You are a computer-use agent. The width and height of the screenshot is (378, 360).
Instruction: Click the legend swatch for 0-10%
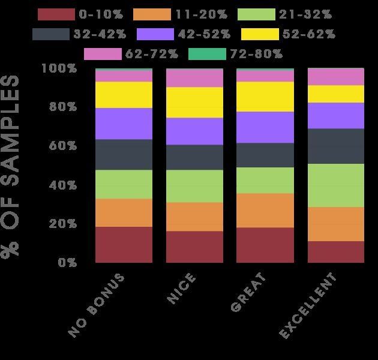(56, 14)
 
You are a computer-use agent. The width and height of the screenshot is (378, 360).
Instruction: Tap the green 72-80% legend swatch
(207, 54)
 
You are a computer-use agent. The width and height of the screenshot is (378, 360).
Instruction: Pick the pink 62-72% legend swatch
(103, 54)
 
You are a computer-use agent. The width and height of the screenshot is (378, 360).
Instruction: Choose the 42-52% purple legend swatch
(155, 34)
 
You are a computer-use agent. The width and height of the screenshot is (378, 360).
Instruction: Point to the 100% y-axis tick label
(59, 68)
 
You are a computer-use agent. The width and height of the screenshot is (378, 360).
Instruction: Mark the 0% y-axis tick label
(67, 262)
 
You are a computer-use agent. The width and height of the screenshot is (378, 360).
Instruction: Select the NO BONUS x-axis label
(97, 304)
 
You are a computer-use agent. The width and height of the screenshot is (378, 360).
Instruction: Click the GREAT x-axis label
(247, 292)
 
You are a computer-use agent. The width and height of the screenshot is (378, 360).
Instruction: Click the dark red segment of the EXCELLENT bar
(336, 251)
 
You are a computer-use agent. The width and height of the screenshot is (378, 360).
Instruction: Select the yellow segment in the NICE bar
(194, 102)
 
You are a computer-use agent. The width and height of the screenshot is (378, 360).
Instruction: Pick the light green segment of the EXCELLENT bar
(336, 185)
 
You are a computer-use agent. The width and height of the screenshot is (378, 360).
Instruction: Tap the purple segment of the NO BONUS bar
(124, 124)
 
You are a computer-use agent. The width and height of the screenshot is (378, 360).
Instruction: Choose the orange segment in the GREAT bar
(265, 210)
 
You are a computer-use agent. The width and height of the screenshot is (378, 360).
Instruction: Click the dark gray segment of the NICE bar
(194, 157)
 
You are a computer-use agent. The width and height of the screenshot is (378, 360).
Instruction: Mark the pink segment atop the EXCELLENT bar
(336, 77)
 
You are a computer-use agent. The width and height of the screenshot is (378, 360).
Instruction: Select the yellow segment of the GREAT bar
(265, 97)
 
